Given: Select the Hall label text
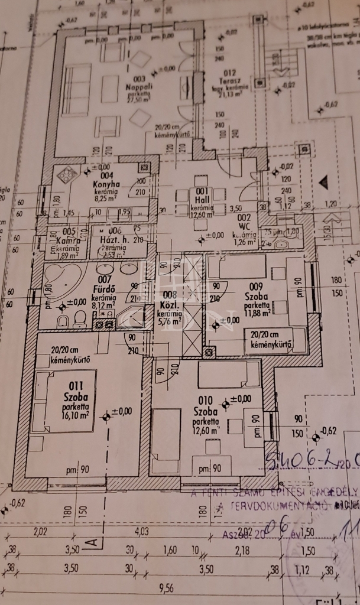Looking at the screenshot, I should click(x=203, y=200).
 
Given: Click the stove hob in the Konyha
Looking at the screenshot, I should click(x=67, y=176).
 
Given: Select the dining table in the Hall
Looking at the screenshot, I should click(x=203, y=201).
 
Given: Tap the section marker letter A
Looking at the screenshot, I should click(x=90, y=541).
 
